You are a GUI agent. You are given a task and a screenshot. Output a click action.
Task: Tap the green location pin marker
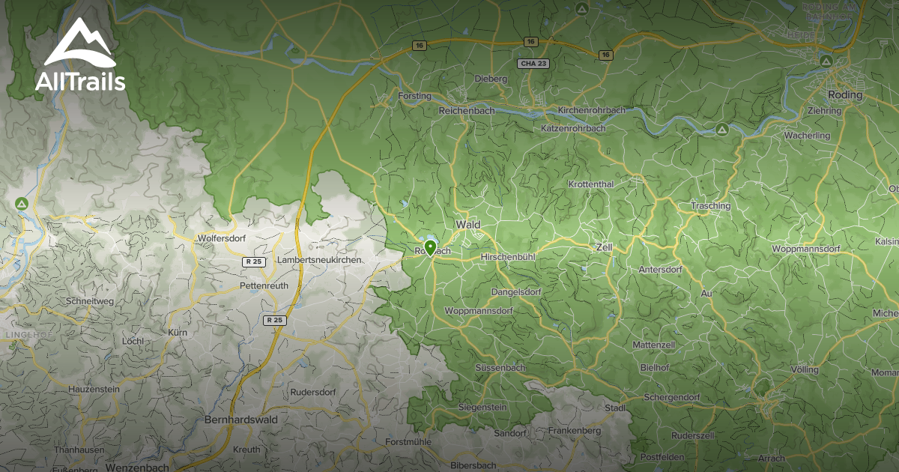pos(430,246)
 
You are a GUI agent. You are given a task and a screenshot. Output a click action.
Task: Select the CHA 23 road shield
pos(533,64)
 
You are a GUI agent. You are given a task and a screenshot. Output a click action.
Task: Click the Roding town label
pos(845,95)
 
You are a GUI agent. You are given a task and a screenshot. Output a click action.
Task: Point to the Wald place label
pos(467,225)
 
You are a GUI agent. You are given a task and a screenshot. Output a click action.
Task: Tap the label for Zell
pos(603,246)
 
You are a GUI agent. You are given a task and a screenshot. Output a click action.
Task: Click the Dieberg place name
pos(491,79)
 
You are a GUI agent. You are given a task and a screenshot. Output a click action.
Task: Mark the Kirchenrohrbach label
pos(592,111)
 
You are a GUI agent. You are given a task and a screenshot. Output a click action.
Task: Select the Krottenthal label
pos(591,184)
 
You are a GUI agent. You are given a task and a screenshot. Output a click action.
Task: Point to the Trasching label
pos(710,206)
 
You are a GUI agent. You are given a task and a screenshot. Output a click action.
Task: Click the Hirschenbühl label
pos(508,257)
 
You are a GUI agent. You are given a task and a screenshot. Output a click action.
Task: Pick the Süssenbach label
pos(500,368)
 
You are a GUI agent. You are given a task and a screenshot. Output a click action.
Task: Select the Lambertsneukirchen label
pos(319,259)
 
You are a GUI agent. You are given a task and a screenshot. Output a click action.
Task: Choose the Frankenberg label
pos(575,431)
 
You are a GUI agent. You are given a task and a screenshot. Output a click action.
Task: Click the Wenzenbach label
pos(137,467)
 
